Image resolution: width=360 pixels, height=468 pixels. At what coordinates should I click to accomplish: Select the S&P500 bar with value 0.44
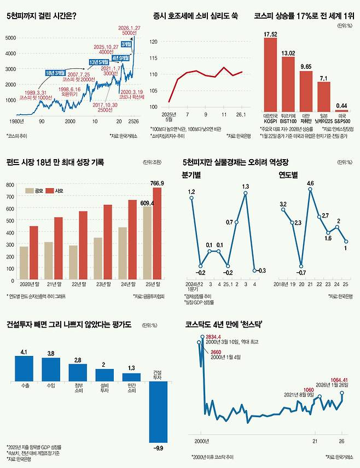tap(341, 110)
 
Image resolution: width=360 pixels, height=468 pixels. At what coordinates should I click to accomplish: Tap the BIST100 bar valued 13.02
tap(288, 84)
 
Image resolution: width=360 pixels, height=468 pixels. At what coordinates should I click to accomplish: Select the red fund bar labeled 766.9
tap(158, 233)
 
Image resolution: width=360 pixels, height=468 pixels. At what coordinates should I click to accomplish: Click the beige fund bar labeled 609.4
tap(148, 243)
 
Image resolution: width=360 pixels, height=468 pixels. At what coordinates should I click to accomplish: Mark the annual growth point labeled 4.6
tap(310, 190)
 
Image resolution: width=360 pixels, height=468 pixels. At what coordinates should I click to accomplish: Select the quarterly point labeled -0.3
tap(255, 270)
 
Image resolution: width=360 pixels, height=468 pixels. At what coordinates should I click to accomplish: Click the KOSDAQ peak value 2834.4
tap(217, 337)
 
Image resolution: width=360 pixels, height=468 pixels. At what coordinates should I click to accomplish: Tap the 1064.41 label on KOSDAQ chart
tap(339, 380)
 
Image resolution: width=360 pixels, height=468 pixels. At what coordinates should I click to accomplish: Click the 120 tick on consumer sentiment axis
tap(153, 42)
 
